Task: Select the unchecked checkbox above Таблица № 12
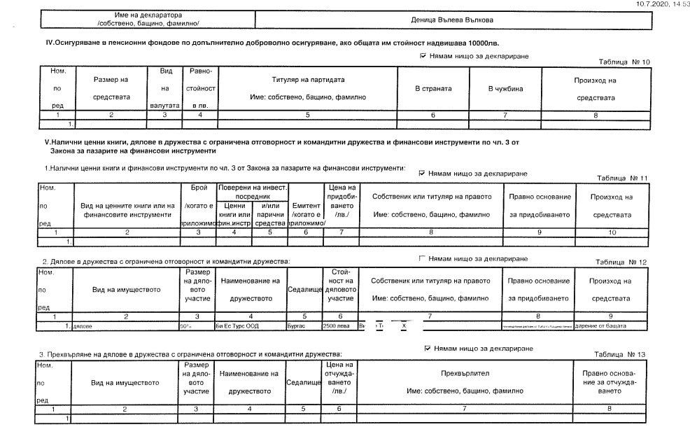[x=421, y=258]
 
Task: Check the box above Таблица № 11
[x=421, y=172]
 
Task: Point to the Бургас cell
[x=296, y=326]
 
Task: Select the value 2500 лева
[x=334, y=326]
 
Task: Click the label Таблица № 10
[x=625, y=62]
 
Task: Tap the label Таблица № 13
[x=621, y=354]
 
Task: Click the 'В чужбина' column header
[x=505, y=90]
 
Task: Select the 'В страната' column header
[x=433, y=90]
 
